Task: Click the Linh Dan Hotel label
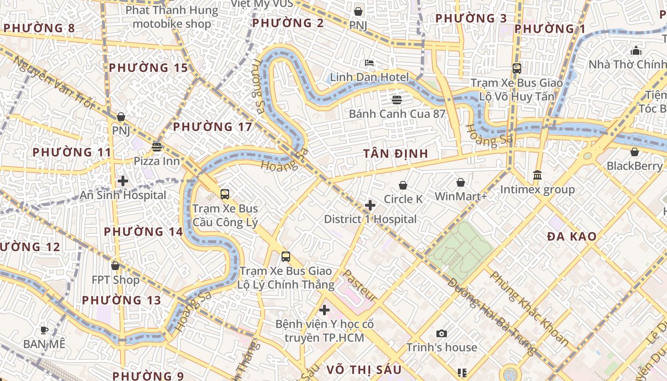(x=369, y=77)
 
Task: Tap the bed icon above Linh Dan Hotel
(x=369, y=63)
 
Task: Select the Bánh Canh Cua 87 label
(x=397, y=114)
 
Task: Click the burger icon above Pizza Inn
(x=156, y=147)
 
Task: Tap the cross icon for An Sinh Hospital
(x=123, y=181)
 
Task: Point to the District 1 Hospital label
(x=370, y=219)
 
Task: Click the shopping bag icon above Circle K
(x=403, y=185)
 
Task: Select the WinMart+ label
(x=461, y=196)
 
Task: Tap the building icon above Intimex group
(x=537, y=175)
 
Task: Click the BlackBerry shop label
(x=634, y=166)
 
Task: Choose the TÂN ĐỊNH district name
(x=395, y=154)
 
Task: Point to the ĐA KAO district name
(x=572, y=236)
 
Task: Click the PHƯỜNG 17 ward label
(x=212, y=127)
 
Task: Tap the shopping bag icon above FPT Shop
(x=115, y=266)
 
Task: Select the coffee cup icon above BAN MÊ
(x=44, y=330)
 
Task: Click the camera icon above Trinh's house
(x=442, y=333)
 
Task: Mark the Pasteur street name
(x=360, y=286)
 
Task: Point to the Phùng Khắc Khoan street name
(x=529, y=308)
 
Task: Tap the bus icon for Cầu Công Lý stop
(x=225, y=194)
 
